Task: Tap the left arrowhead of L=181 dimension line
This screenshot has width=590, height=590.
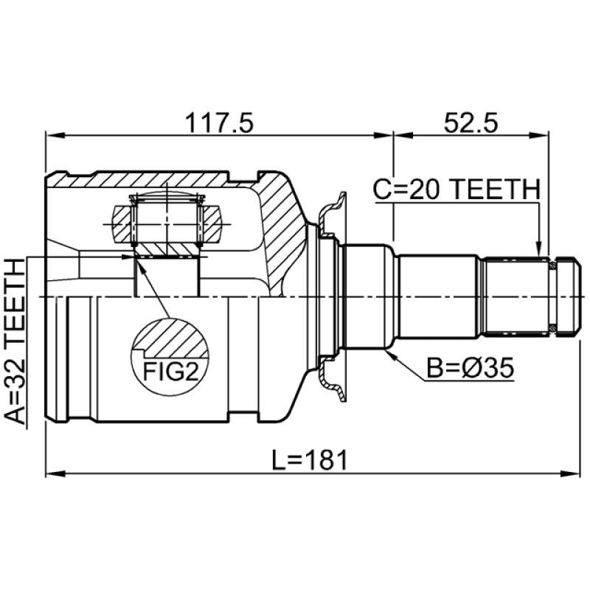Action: pyautogui.click(x=50, y=473)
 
